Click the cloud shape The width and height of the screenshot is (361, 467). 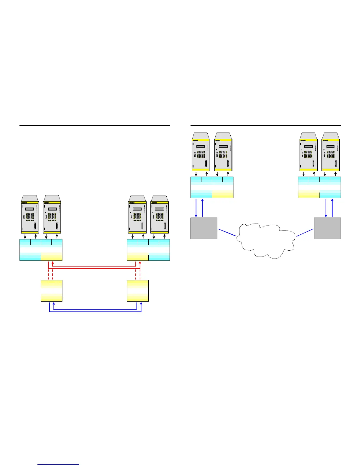click(265, 240)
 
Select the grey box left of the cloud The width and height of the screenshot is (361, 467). click(204, 228)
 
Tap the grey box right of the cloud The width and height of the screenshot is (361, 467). click(327, 228)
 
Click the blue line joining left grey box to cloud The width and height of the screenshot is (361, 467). click(227, 232)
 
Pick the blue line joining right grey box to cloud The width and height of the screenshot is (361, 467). click(305, 232)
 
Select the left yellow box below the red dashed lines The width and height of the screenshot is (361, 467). click(51, 291)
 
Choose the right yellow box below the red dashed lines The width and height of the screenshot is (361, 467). click(138, 291)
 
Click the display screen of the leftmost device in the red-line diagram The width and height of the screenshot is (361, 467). click(29, 209)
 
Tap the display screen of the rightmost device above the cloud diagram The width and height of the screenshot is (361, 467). click(330, 146)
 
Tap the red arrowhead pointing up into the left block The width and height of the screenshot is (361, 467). click(52, 262)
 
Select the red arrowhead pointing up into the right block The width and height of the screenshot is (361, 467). click(140, 262)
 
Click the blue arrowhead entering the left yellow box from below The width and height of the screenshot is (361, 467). click(53, 303)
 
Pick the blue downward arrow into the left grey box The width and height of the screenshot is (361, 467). click(196, 215)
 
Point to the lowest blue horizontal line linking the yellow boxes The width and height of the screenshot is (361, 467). click(95, 312)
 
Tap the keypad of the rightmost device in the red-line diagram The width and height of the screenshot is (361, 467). click(160, 217)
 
